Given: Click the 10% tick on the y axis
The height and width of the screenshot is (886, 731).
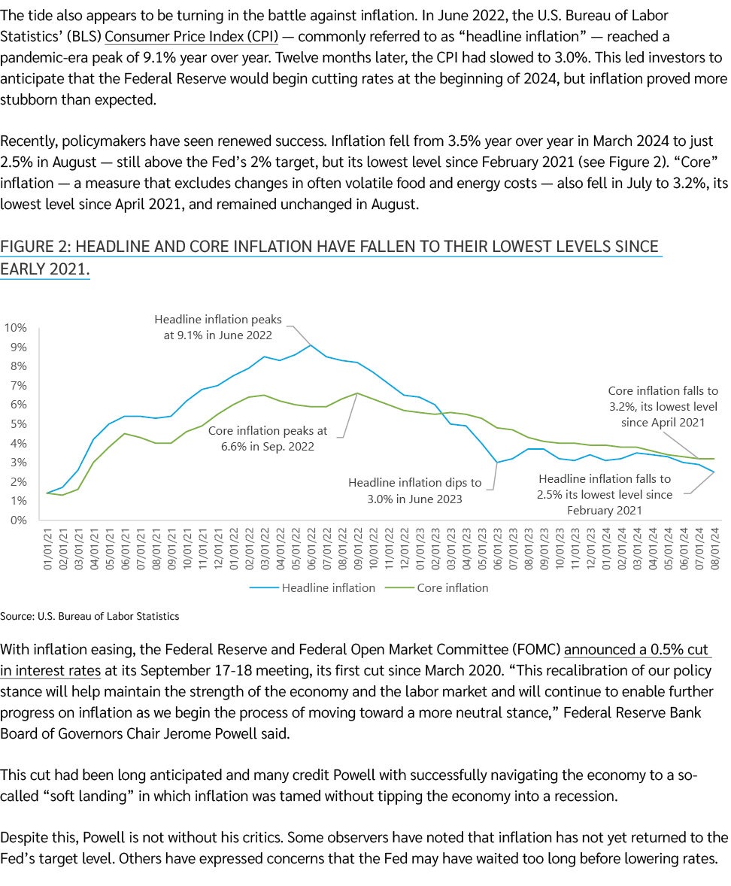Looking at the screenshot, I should [17, 328].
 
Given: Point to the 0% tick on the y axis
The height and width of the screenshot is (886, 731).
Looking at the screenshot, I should [19, 520].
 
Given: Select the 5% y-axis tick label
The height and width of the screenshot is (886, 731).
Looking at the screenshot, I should [19, 424].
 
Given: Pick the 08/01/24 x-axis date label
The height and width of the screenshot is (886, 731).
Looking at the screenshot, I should [713, 547].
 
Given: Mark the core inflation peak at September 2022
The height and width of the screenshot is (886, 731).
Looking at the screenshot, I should [357, 393].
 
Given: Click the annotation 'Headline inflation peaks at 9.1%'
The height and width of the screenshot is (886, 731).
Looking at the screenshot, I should [218, 327].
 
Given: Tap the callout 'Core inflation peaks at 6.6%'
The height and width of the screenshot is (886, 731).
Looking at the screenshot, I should [268, 438].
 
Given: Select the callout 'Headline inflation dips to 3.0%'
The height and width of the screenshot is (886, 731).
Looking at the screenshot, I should [415, 490].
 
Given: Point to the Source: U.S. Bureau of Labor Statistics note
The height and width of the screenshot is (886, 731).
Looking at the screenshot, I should [89, 616].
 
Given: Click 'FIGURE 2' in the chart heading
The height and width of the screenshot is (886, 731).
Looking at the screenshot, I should [34, 247].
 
